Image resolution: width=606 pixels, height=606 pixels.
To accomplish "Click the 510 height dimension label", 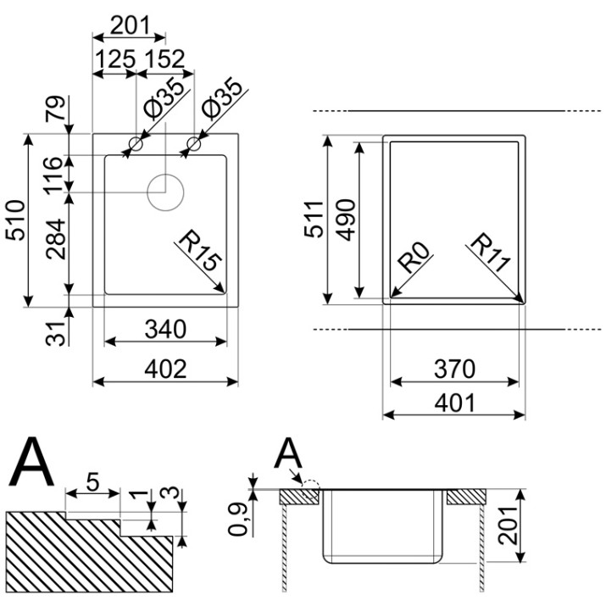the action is [15, 220].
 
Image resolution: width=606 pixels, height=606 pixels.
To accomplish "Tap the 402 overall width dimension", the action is [165, 369].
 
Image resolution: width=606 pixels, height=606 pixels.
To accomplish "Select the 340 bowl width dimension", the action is [165, 330].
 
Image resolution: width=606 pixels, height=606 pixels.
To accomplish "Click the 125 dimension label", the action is [115, 59].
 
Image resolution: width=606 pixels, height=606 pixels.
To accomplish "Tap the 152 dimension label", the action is [165, 58].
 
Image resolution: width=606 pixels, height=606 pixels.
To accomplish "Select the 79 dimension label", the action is [54, 108].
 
